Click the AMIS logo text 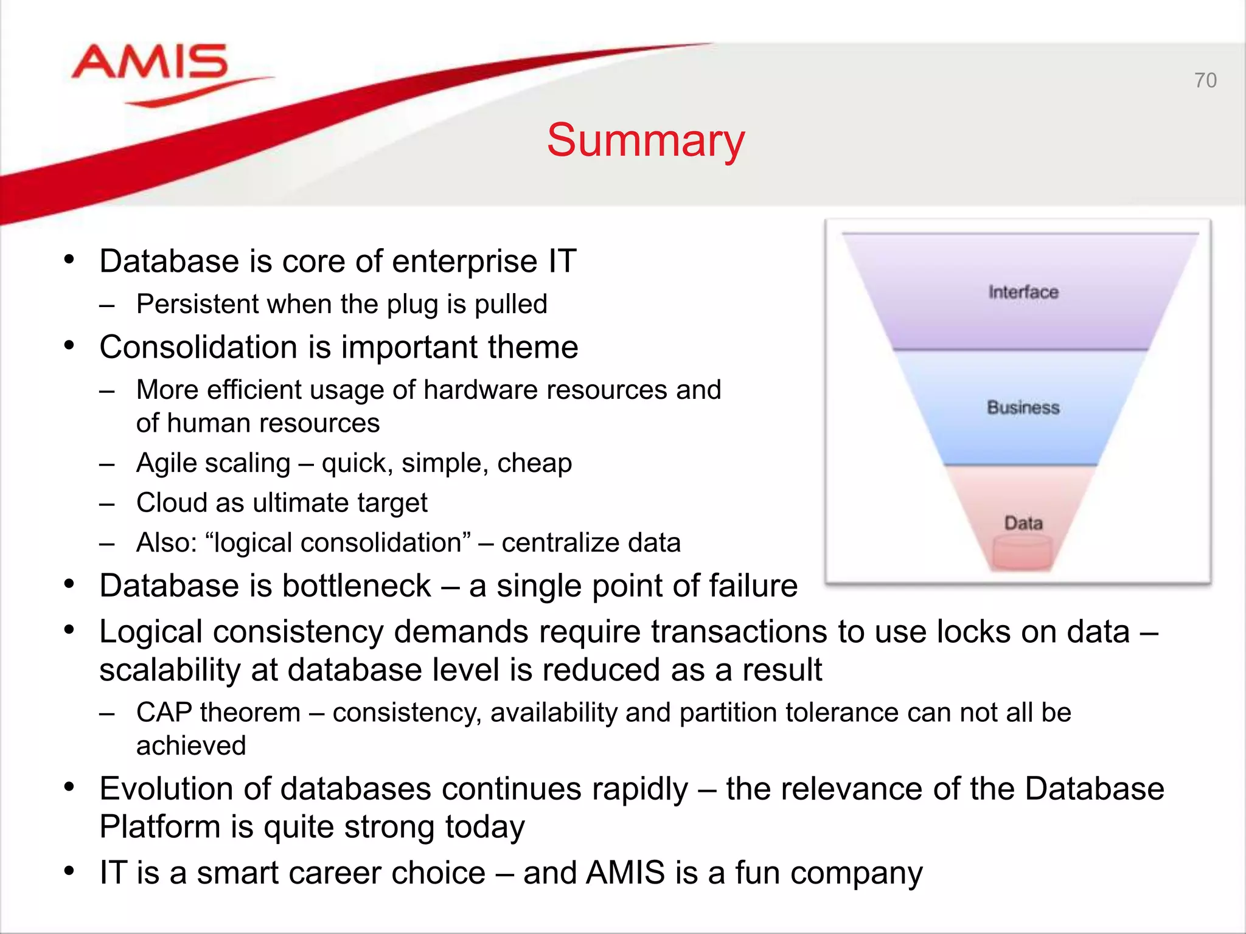150,62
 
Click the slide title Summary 646,140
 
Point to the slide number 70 1205,80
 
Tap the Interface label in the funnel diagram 1023,292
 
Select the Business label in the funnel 1023,407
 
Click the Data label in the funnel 1023,523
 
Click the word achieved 191,746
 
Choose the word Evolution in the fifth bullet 166,789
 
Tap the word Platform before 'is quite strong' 159,827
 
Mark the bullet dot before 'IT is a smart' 69,871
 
